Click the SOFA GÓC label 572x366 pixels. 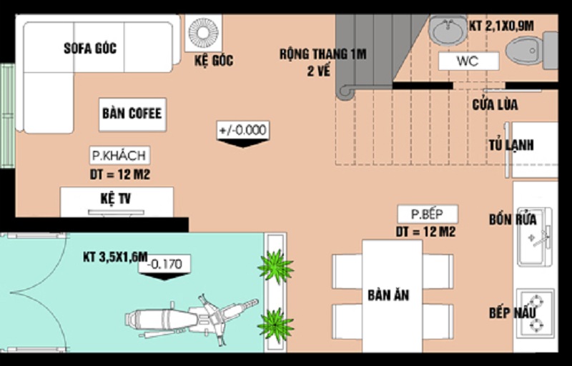(90, 49)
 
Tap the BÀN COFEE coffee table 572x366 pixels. (132, 114)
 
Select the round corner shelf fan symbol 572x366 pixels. (204, 33)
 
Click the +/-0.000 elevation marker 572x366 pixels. (242, 130)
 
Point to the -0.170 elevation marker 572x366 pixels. (165, 264)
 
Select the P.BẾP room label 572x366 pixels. (428, 214)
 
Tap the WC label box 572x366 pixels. (468, 61)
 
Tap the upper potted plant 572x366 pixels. (275, 267)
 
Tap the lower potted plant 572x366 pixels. (275, 323)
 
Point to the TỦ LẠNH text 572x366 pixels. (512, 145)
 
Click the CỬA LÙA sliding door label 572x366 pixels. (495, 105)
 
